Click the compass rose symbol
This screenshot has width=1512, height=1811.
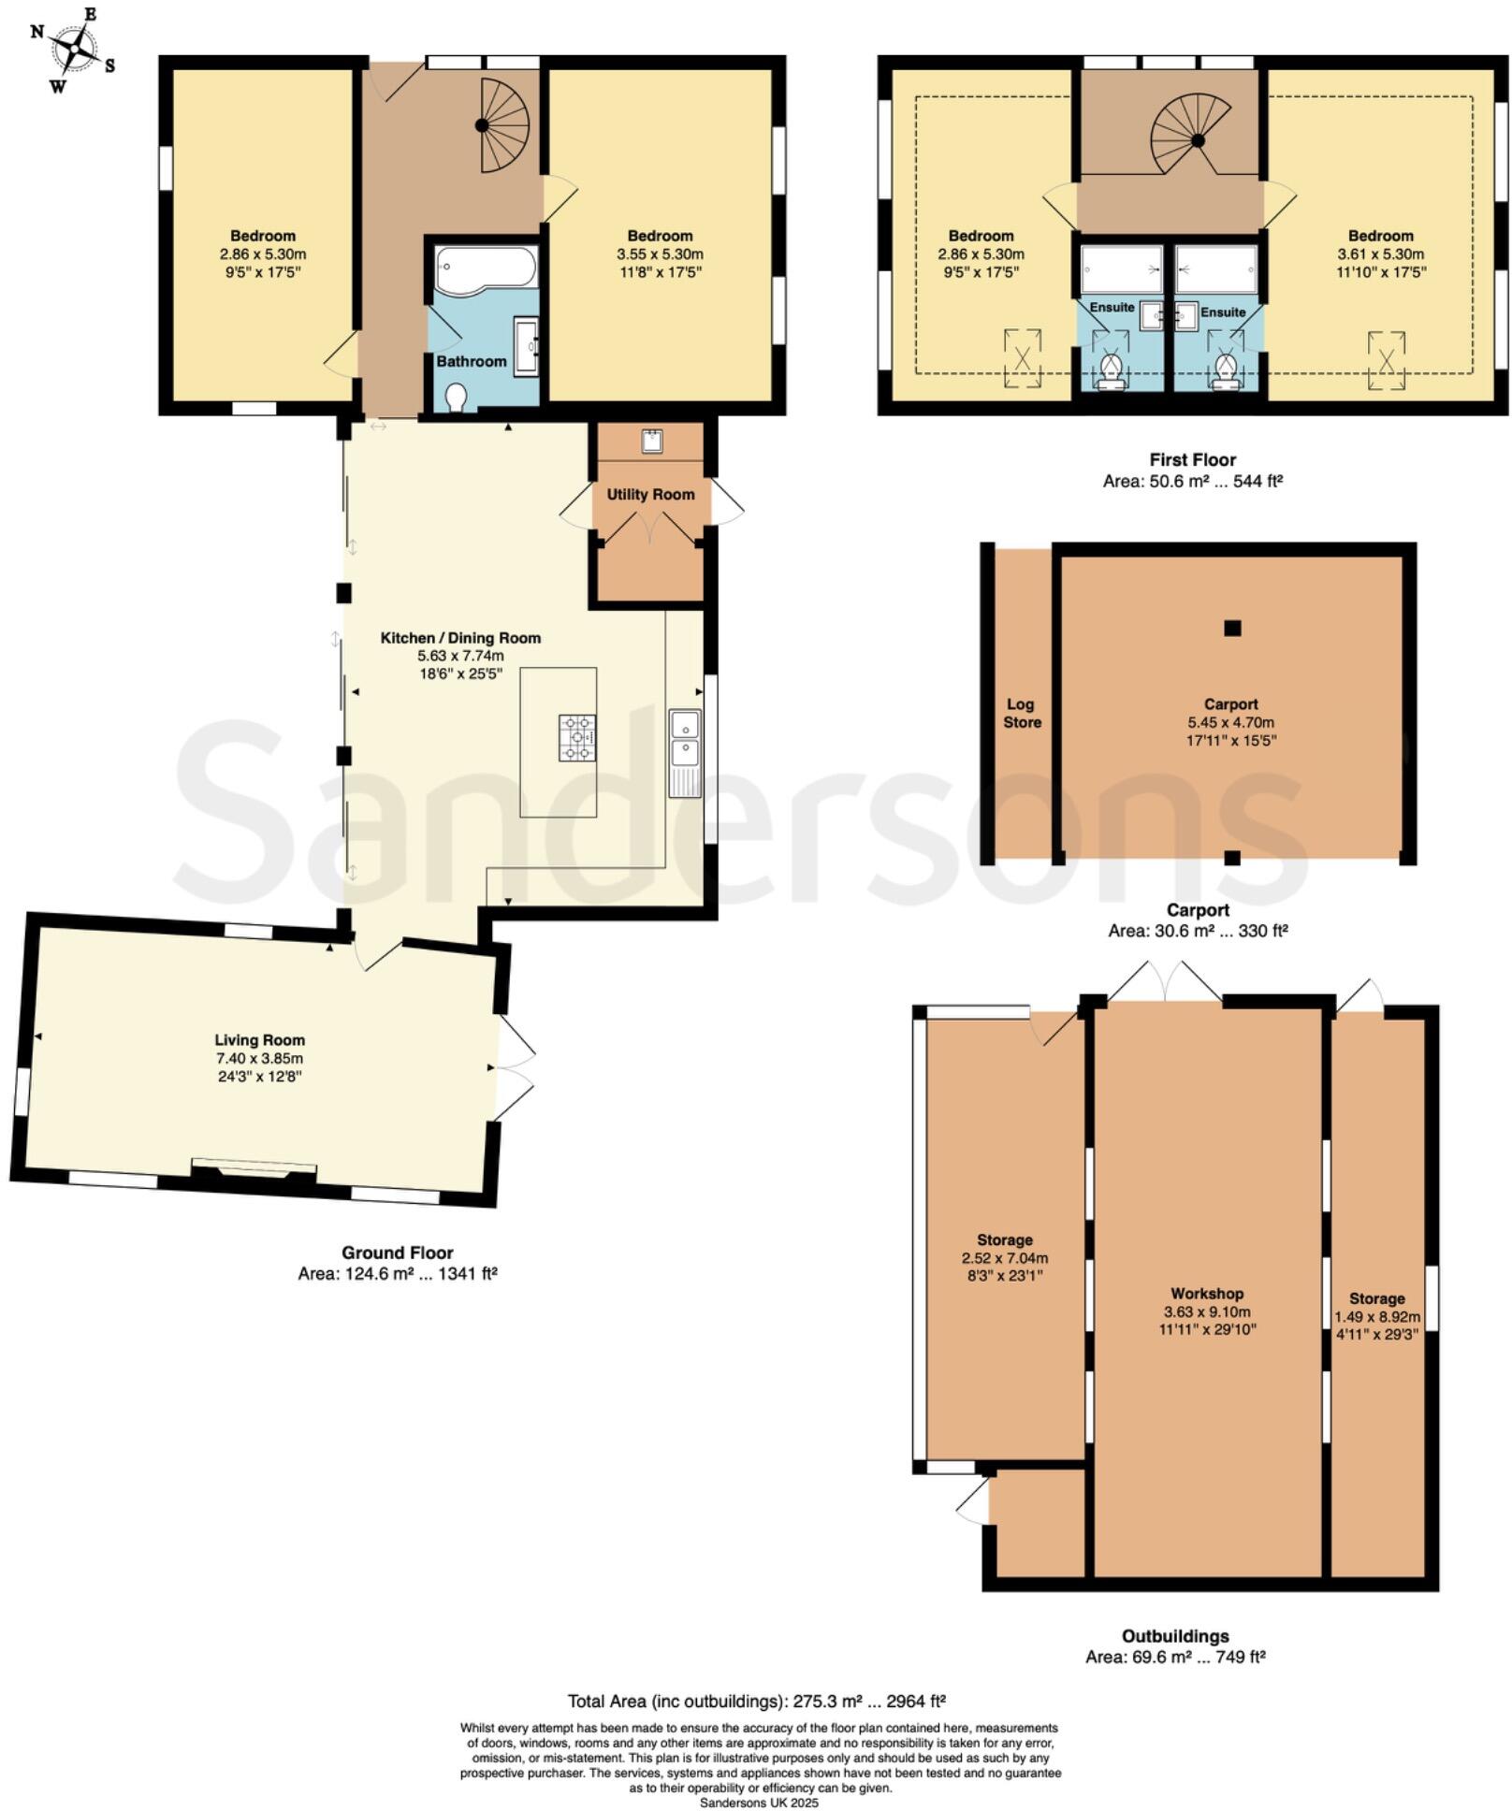click(x=74, y=49)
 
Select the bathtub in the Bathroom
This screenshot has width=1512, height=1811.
click(x=485, y=268)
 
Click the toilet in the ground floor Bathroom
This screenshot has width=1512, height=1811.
click(x=457, y=397)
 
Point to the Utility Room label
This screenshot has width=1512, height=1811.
click(x=650, y=494)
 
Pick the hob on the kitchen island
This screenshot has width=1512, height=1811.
click(x=577, y=737)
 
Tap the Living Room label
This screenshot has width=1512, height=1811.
click(x=259, y=1039)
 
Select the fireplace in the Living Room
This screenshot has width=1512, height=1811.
click(x=253, y=1169)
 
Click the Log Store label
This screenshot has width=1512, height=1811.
click(x=1022, y=713)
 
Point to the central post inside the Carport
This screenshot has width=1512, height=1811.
click(x=1232, y=629)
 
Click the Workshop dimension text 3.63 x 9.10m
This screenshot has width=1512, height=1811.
click(x=1207, y=1311)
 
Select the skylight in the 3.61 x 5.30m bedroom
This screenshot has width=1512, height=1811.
click(x=1387, y=359)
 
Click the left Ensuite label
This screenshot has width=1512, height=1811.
click(x=1112, y=307)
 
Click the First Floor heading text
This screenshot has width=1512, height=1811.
click(x=1193, y=459)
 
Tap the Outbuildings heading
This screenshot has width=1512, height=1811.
click(x=1175, y=1636)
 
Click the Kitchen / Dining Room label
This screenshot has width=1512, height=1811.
click(x=460, y=638)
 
